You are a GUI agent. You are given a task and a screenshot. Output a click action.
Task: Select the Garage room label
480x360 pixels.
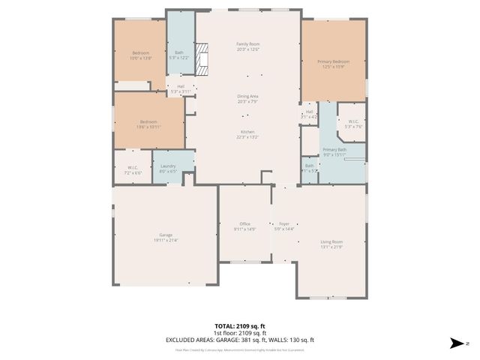click(x=166, y=237)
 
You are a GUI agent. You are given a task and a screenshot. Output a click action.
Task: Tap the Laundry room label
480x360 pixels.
click(x=168, y=168)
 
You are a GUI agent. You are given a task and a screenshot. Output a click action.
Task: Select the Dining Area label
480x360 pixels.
click(x=247, y=98)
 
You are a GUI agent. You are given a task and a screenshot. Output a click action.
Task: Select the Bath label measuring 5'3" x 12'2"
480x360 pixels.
click(x=179, y=54)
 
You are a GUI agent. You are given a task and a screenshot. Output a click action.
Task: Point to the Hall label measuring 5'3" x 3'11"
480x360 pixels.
click(x=181, y=88)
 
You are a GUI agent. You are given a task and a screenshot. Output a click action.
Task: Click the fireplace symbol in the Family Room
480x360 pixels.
click(x=204, y=66)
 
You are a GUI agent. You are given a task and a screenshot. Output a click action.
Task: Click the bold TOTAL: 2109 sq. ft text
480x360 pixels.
click(x=240, y=326)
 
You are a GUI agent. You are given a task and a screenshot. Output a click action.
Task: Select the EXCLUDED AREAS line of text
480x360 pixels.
click(x=240, y=340)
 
